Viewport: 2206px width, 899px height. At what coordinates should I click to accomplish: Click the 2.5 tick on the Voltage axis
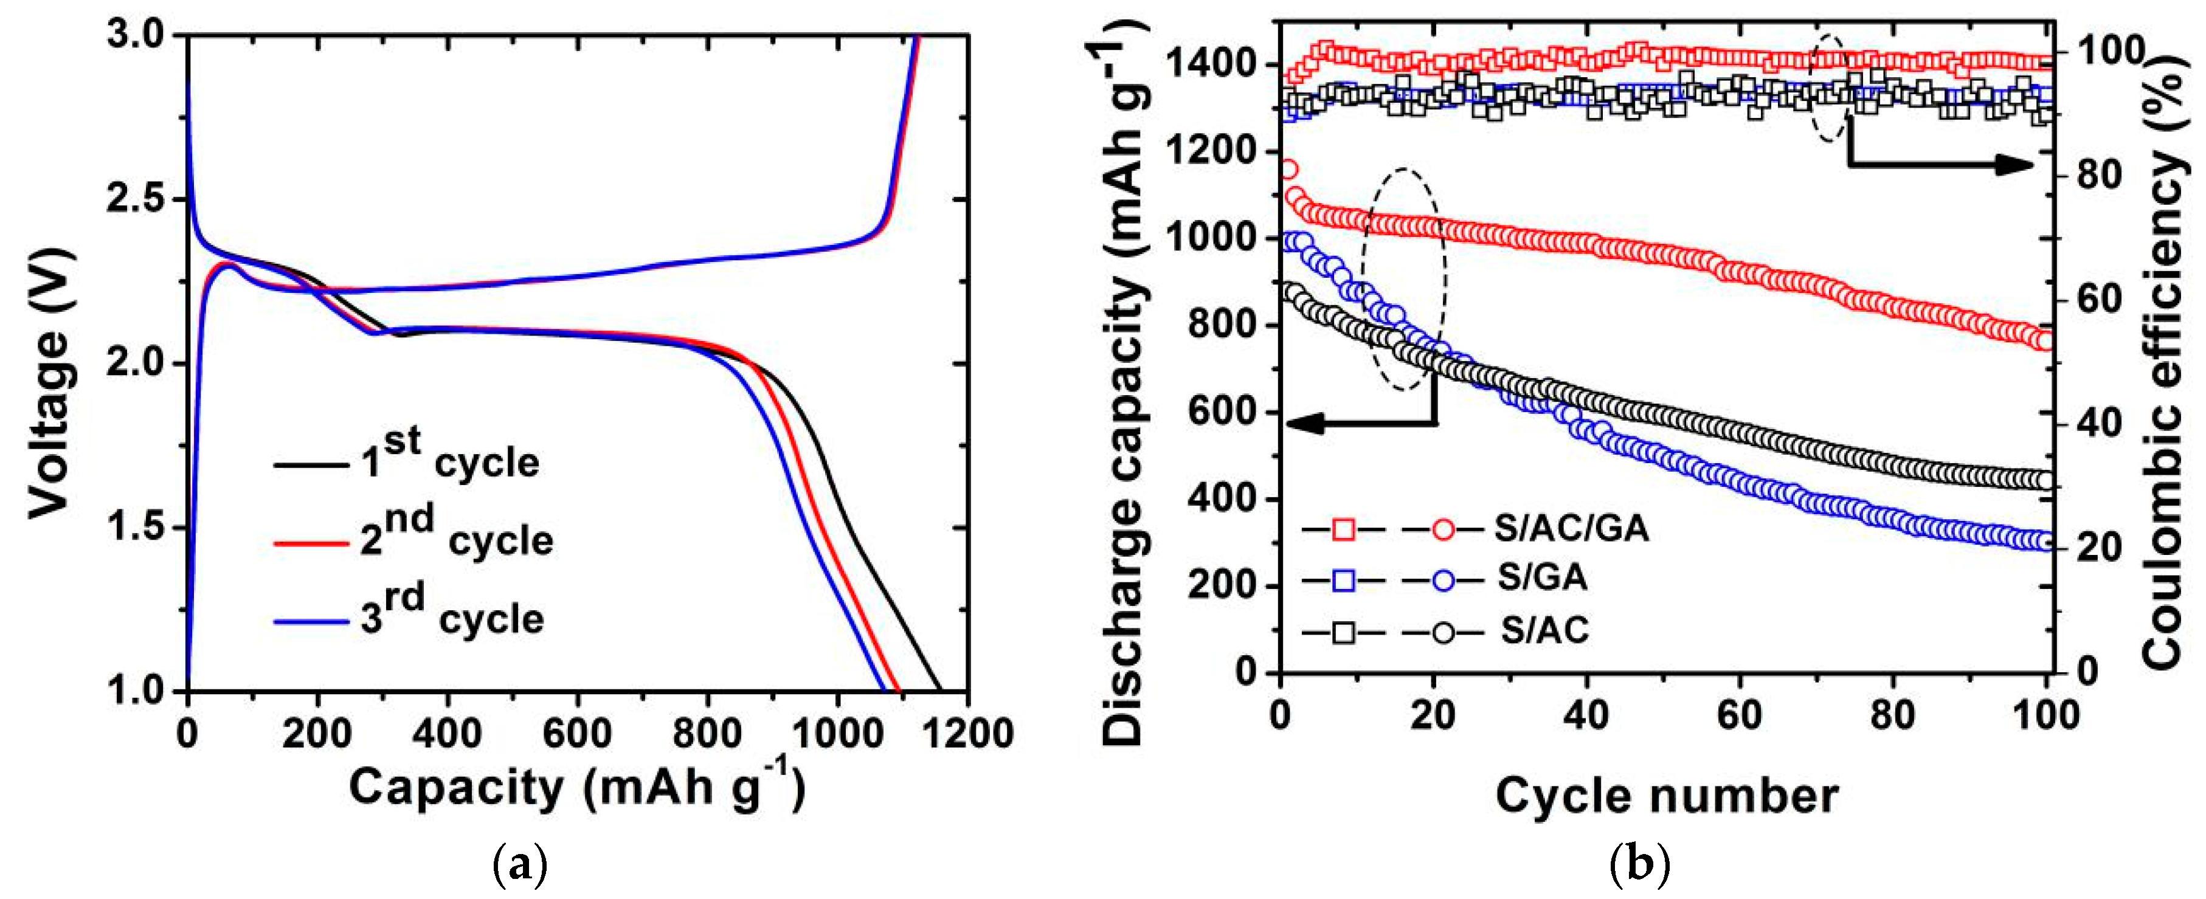coord(142,199)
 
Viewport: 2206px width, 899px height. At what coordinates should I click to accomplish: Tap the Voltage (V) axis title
coord(50,383)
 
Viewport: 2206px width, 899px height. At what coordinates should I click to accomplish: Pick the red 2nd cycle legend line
coord(310,543)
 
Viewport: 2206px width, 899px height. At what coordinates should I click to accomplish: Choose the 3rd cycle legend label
coord(451,614)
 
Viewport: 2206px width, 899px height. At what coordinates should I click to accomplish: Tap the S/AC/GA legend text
coord(1571,528)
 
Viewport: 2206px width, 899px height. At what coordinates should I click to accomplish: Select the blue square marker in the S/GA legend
coord(1343,580)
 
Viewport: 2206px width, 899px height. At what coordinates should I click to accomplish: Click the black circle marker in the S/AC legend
coord(1443,633)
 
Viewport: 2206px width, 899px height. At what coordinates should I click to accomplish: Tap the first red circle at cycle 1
coord(1288,168)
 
